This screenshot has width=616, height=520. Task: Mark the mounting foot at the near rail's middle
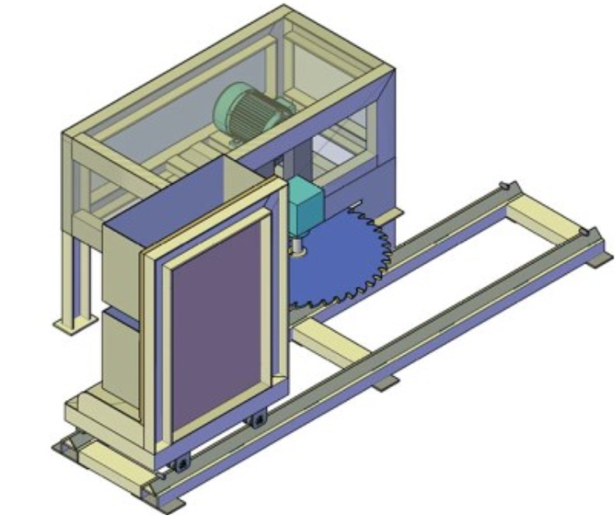[387, 383]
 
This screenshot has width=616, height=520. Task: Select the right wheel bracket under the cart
[260, 420]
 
